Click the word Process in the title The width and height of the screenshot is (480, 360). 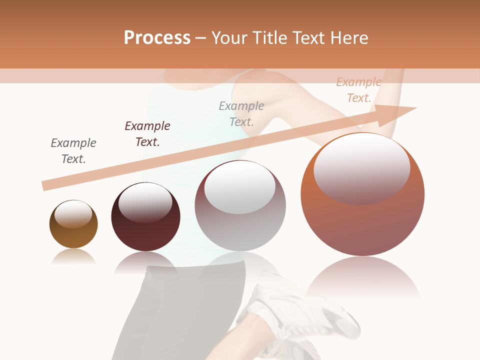click(157, 38)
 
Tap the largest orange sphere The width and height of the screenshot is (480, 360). click(362, 220)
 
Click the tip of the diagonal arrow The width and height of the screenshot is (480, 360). click(415, 108)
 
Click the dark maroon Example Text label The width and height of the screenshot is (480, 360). click(147, 134)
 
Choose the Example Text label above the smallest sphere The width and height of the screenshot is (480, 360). click(73, 151)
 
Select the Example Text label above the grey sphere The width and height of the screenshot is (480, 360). click(241, 113)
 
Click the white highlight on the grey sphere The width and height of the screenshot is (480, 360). click(240, 187)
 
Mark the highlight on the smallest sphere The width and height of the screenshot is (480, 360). click(73, 213)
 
